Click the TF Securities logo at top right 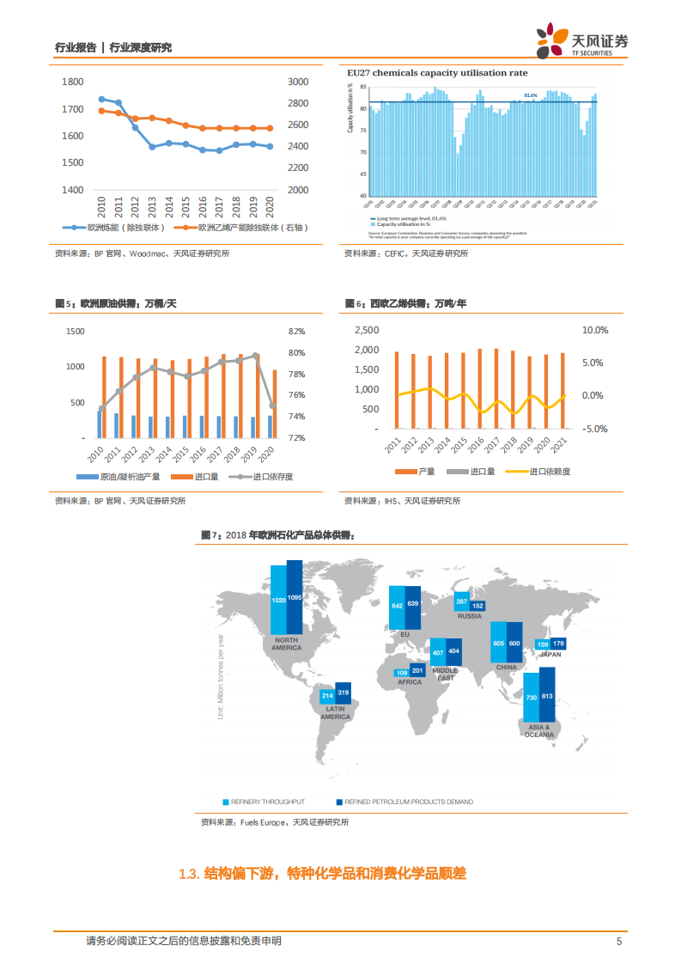(581, 40)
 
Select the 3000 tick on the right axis (298, 82)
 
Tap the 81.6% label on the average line (530, 95)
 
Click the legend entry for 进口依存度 (268, 476)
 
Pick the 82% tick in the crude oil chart (297, 332)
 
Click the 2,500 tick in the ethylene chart (367, 330)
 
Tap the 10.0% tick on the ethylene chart (594, 330)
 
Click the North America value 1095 (295, 597)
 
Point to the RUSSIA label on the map (469, 616)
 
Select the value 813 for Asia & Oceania (547, 697)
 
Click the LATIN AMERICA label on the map (336, 712)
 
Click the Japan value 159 (543, 644)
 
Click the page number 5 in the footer (618, 941)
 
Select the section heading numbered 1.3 (322, 874)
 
